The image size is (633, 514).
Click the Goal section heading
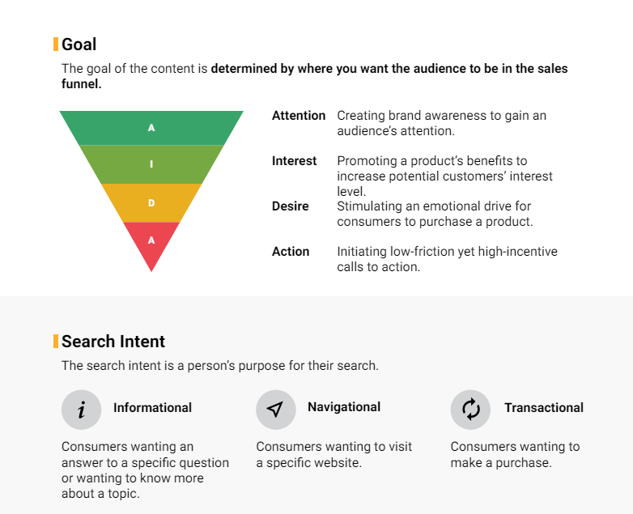coord(79,45)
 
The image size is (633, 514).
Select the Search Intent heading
coord(113,342)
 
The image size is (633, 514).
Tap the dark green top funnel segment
coord(151,128)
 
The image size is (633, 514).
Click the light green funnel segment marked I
coord(151,164)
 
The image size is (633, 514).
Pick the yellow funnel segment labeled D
coord(151,202)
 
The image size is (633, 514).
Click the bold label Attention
coord(299,116)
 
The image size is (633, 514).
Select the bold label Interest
coord(294,161)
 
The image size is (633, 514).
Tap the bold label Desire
coord(290,206)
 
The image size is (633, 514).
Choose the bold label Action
coord(291,251)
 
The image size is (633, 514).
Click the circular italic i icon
coord(81,410)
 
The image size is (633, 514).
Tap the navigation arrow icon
coord(276,410)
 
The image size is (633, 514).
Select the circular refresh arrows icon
coord(470,410)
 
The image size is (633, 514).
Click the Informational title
coord(152,408)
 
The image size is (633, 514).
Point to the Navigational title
coord(344,407)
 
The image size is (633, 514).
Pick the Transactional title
coord(544,408)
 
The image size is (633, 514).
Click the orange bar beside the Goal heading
coord(56,45)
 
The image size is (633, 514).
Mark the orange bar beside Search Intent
coord(56,342)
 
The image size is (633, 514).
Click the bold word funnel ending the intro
coord(81,84)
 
